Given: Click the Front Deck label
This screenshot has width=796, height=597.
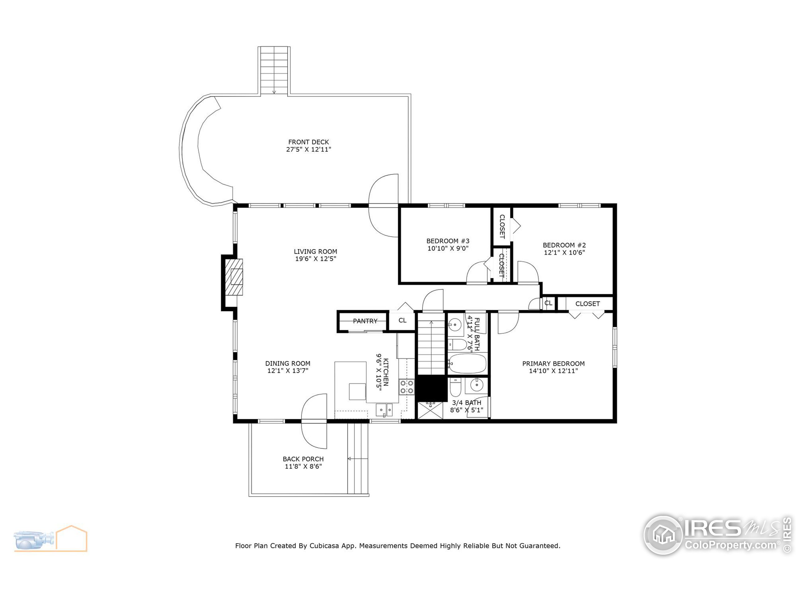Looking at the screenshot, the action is point(308,142).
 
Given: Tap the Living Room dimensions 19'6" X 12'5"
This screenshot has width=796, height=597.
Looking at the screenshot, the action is point(316,259).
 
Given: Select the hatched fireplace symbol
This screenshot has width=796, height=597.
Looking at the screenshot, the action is point(234,277).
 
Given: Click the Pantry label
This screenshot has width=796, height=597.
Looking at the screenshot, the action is point(365,321).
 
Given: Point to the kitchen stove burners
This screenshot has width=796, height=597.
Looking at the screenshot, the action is point(407,387).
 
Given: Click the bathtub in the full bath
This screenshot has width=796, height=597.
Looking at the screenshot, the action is point(467,363).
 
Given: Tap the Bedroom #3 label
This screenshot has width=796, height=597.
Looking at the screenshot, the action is point(448,241).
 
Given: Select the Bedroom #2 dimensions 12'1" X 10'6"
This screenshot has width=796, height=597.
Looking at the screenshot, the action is point(564,252).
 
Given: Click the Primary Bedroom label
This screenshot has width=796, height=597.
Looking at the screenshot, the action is point(553,364).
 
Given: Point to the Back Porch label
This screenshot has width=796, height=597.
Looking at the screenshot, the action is point(303,459).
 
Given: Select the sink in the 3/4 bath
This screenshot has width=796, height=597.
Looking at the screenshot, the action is point(476,385).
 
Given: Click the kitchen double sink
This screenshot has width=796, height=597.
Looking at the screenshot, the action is point(384,410).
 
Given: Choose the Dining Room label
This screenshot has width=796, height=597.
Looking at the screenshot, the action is point(288,364).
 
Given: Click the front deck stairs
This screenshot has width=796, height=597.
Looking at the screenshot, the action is point(274,71).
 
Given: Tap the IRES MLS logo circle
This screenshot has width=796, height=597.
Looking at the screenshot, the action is point(663,535).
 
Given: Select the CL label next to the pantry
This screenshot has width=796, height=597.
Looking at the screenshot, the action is point(402,321).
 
